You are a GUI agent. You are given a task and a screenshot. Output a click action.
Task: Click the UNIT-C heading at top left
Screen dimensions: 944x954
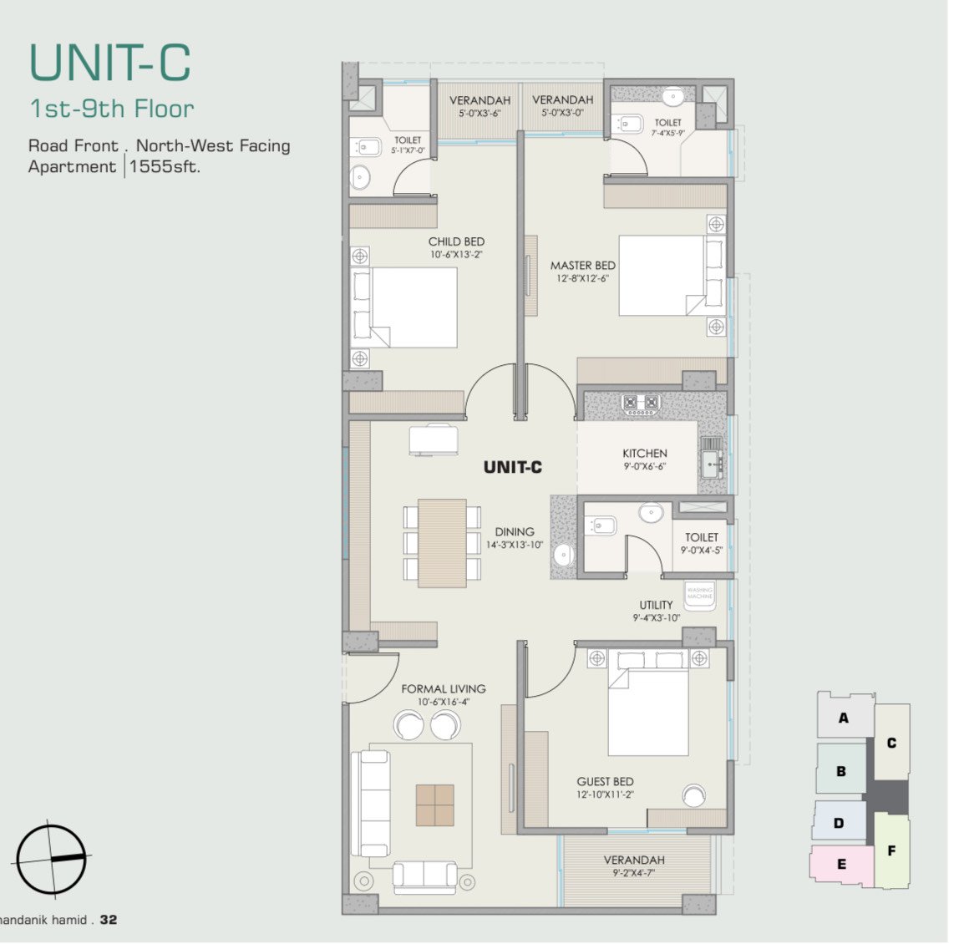pos(110,62)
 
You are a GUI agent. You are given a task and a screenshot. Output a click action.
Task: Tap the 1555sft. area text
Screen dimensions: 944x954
pos(165,166)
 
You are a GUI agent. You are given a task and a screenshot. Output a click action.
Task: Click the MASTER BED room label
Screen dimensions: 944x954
pos(582,266)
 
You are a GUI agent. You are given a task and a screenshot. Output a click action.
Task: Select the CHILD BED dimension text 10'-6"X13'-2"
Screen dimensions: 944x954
pos(457,255)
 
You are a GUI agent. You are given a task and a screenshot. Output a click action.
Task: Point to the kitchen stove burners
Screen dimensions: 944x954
pos(641,403)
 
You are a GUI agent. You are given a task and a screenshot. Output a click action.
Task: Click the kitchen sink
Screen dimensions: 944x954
pos(711,459)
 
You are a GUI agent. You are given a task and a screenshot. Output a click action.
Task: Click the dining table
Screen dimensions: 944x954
pos(442,543)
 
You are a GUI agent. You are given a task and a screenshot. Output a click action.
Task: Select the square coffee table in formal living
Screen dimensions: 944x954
pos(435,804)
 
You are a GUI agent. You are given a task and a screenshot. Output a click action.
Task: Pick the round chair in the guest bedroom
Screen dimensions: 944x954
pos(693,795)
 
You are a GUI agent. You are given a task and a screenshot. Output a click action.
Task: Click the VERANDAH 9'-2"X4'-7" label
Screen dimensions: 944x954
pos(634,865)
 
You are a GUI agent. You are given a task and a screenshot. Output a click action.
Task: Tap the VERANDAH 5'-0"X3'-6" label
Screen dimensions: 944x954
pos(480,106)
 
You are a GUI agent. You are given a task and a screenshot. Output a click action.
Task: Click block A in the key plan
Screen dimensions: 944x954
pos(844,717)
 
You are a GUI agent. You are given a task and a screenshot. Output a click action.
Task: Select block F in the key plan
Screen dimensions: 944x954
pos(891,850)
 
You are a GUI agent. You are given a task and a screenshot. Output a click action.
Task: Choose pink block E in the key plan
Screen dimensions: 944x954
pos(840,864)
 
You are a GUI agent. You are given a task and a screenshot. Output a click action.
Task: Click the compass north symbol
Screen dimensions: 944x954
pos(51,859)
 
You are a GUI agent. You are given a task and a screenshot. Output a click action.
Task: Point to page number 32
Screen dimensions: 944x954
pos(109,920)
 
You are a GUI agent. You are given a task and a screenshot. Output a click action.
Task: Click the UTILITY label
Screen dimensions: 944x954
pos(656,605)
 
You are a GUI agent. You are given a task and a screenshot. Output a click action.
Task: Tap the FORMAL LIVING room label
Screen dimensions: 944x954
pos(443,689)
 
